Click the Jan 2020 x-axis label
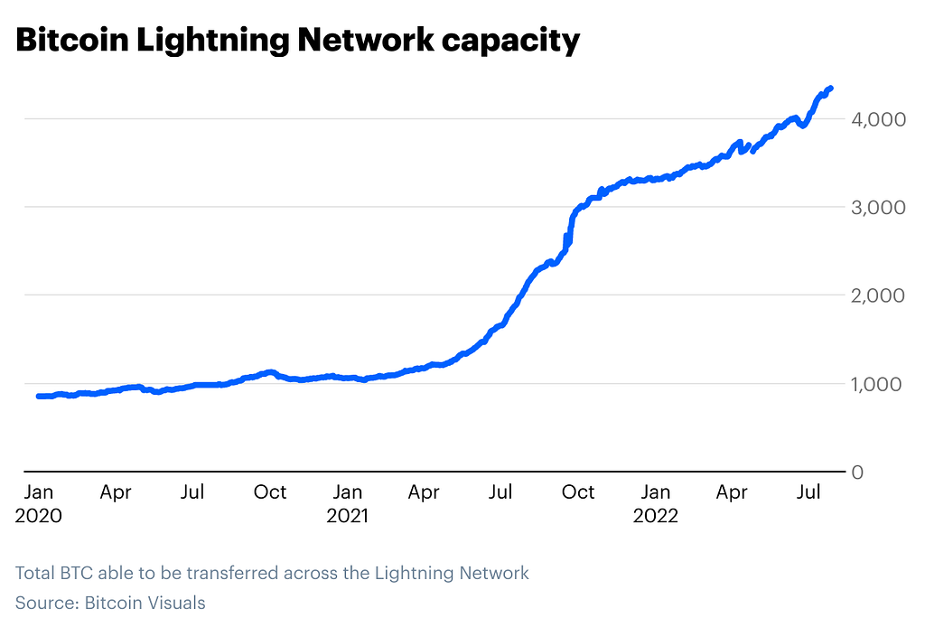point(39,504)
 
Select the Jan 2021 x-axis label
point(347,504)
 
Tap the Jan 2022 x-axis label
point(655,504)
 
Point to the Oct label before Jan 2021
point(269,492)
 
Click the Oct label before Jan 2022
point(578,492)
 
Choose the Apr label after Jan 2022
point(732,492)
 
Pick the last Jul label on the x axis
point(809,492)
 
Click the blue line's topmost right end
point(830,88)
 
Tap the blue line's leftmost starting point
point(39,397)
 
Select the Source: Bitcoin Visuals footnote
point(110,603)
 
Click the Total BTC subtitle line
point(272,573)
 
